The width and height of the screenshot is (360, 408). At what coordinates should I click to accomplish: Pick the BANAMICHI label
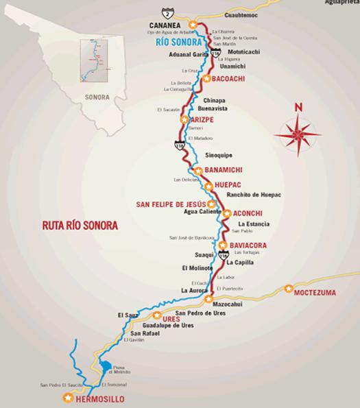tap(225, 170)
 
